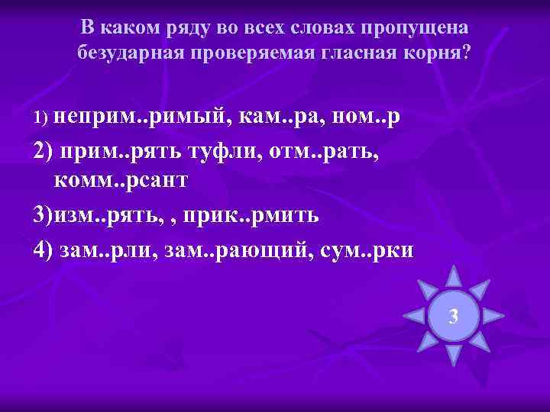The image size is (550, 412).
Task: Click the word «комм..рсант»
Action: point(121,182)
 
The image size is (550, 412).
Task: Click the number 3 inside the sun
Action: point(454,314)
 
